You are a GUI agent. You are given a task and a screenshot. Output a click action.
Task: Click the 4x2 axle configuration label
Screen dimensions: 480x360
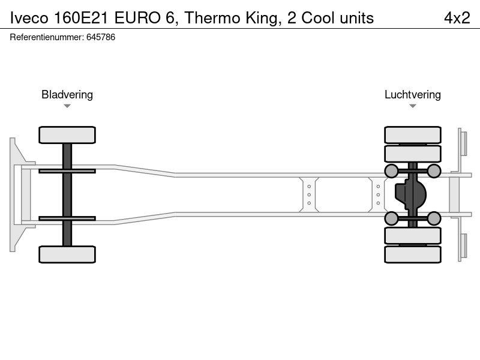click(457, 18)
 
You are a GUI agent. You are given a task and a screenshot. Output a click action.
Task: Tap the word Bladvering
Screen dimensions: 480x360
click(67, 95)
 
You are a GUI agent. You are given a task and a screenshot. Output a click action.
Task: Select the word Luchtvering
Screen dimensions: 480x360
click(413, 95)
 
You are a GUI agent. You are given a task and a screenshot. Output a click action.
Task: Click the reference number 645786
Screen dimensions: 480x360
click(101, 37)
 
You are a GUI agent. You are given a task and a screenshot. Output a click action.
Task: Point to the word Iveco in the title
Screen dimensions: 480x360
click(29, 18)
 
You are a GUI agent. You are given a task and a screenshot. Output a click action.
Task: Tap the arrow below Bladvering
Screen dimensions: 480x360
click(67, 106)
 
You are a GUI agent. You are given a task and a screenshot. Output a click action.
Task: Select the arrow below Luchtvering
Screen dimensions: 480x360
click(413, 106)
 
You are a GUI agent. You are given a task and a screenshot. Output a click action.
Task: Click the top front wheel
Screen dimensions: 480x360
click(67, 135)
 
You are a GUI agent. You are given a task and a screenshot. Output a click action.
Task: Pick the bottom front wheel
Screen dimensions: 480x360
click(67, 254)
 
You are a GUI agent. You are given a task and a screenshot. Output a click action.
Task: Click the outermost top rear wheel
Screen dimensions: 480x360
click(413, 135)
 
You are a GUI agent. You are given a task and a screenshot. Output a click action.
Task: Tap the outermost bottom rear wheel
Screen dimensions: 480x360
click(413, 254)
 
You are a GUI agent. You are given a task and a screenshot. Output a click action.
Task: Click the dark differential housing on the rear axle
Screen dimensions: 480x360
click(410, 194)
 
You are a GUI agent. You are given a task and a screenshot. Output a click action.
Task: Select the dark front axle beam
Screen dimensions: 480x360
click(67, 194)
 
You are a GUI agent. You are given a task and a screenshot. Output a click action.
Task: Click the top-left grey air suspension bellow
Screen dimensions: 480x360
click(391, 171)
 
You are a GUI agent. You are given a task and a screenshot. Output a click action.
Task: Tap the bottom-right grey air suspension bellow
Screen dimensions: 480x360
click(434, 218)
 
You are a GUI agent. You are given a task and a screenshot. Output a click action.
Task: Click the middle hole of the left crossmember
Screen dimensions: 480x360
click(309, 194)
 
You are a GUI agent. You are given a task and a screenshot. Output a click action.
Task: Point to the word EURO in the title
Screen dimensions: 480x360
click(137, 18)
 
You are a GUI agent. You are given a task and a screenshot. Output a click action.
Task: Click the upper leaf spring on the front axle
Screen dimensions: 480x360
click(67, 171)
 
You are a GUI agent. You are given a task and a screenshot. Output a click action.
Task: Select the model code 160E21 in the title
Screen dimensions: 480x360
click(80, 18)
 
